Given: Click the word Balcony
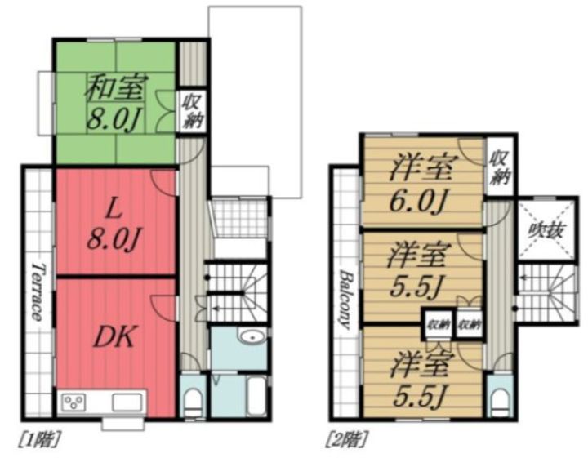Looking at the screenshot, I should (x=344, y=298).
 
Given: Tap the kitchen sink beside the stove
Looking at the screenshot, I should (x=127, y=402).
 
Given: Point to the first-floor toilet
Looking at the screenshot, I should (x=192, y=399).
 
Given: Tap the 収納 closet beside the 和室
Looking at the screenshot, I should (x=194, y=110).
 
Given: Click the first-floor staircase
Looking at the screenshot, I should (x=234, y=294).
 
